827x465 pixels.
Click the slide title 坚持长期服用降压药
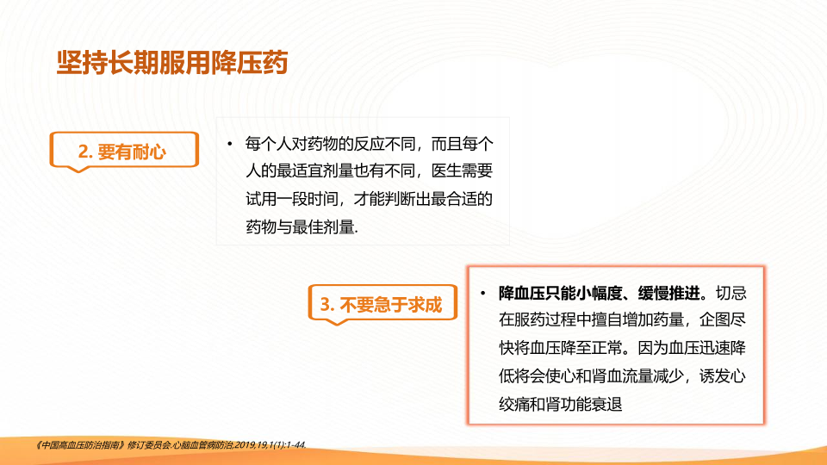[x=172, y=63]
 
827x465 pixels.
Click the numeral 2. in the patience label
[x=85, y=152]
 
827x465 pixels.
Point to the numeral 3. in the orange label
[x=327, y=305]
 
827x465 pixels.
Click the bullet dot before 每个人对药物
[x=230, y=144]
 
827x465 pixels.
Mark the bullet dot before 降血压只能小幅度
[x=482, y=293]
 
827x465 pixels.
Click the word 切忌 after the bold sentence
[x=731, y=293]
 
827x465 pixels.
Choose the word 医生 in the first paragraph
[x=447, y=170]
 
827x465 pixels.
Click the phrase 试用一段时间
[x=292, y=199]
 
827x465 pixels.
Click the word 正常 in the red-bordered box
[x=607, y=348]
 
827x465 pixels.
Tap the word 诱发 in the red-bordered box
[x=715, y=376]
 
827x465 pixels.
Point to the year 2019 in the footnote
[x=245, y=445]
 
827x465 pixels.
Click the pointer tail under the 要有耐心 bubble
[x=78, y=169]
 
